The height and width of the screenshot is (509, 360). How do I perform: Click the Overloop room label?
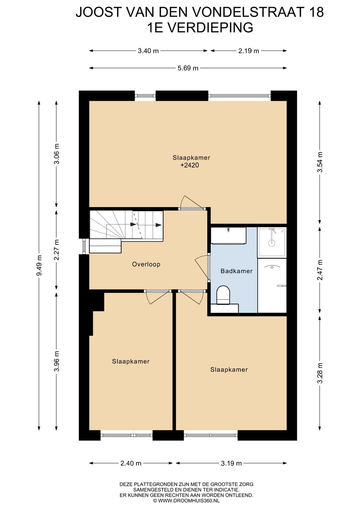(146, 264)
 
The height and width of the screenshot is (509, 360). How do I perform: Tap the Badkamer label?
(237, 271)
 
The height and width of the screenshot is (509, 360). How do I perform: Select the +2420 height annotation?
(190, 165)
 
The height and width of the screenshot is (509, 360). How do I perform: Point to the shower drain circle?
(272, 243)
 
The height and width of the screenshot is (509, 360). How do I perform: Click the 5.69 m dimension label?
(188, 68)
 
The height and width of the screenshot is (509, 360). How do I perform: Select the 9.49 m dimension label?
(40, 265)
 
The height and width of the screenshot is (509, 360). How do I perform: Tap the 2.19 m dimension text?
(249, 51)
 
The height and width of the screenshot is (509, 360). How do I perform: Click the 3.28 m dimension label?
(320, 373)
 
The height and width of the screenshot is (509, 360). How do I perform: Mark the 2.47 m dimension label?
(320, 270)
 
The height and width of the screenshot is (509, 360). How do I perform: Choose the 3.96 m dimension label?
(57, 361)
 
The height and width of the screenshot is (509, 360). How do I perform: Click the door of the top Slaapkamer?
(191, 203)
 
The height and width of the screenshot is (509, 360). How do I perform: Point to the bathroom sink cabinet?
(228, 236)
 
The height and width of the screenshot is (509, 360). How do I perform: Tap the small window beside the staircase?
(84, 246)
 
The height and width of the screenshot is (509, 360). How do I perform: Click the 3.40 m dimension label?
(148, 51)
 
